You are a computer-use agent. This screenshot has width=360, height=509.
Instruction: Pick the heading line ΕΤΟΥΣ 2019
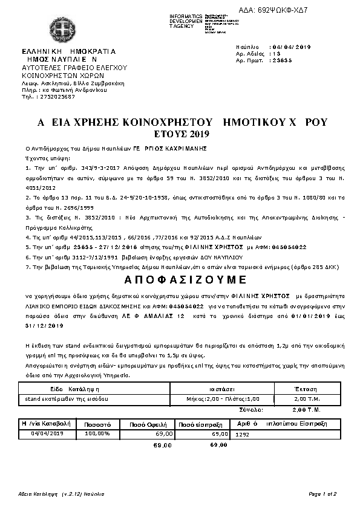click(179, 133)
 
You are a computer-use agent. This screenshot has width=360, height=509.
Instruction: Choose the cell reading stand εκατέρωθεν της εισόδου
click(58, 399)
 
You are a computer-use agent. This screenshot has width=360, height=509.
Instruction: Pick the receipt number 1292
click(242, 434)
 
